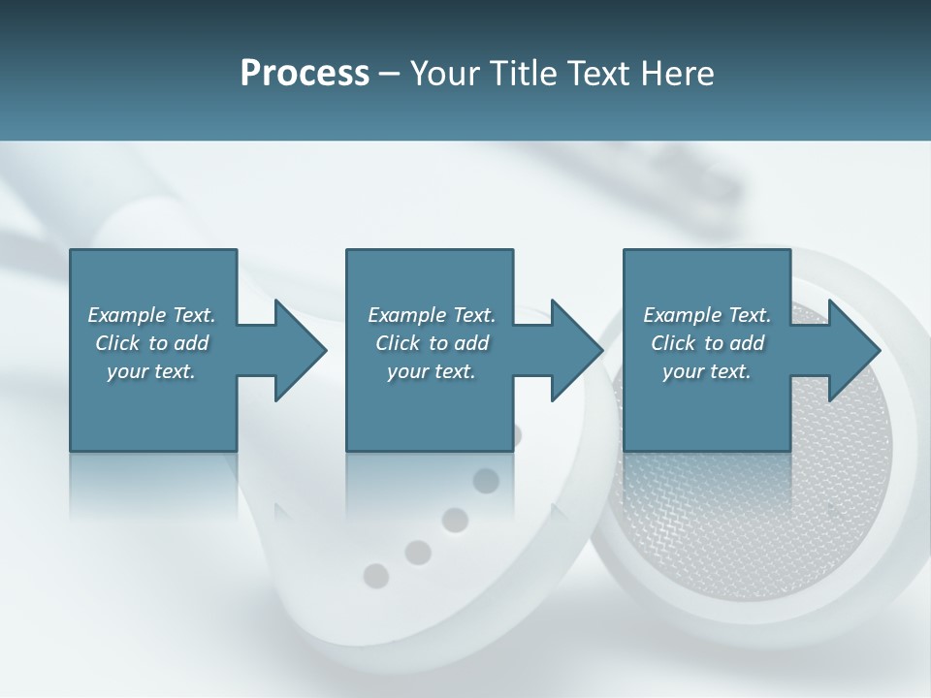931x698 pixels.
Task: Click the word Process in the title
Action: (x=305, y=74)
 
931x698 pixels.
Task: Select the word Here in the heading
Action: (x=677, y=74)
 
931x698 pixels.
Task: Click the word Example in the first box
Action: (x=126, y=315)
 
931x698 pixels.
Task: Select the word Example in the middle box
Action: (x=406, y=315)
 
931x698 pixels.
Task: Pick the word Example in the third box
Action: (x=682, y=315)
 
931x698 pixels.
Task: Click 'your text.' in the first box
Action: (x=151, y=371)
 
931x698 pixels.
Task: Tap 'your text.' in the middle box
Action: (x=432, y=371)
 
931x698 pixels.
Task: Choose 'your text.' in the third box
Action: (x=707, y=371)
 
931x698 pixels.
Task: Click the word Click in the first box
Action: (x=117, y=343)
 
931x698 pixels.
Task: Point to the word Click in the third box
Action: (x=673, y=343)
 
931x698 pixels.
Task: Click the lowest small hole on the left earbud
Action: (x=375, y=576)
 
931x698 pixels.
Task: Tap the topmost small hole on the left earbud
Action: (x=486, y=481)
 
